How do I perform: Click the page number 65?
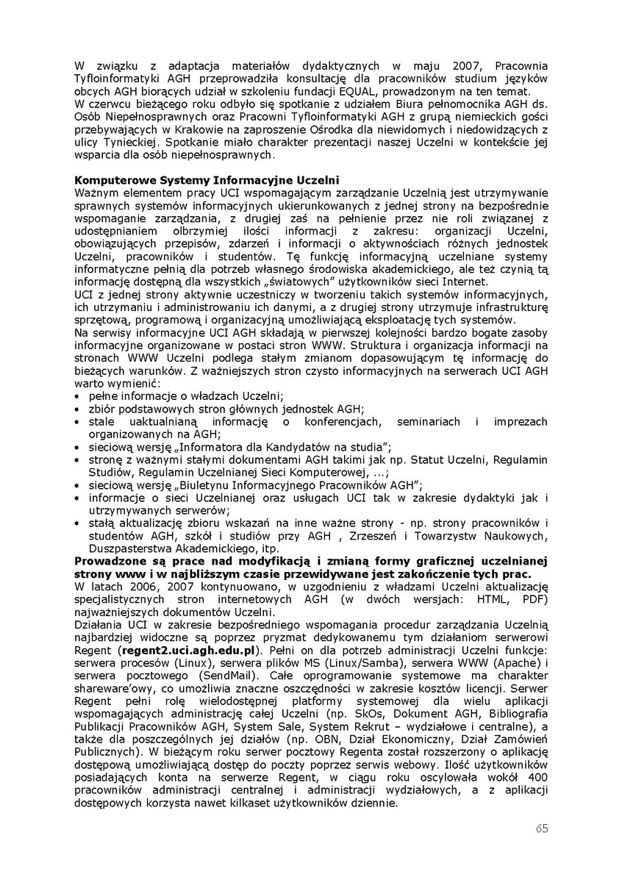coord(542,829)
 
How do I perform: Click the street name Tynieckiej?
coord(130,143)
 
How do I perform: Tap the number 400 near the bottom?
coord(537,777)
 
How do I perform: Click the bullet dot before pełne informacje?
coord(79,396)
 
